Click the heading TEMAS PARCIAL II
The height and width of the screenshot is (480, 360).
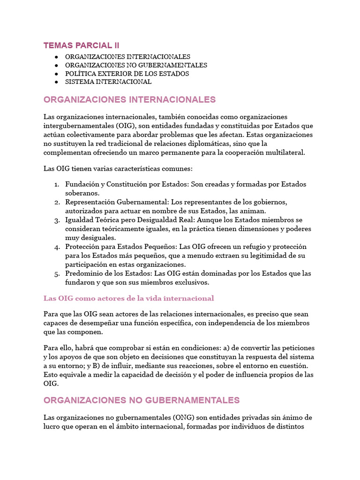coord(81,45)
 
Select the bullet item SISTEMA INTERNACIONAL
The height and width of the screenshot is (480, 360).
coord(108,82)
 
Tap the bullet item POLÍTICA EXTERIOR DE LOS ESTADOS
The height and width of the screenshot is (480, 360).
coord(127,74)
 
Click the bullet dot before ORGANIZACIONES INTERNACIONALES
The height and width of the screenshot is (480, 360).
coord(56,57)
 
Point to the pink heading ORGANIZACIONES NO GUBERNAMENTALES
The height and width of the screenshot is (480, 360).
coord(142,400)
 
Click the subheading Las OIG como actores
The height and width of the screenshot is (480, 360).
coord(128,299)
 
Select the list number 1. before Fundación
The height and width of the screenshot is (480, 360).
coord(57,184)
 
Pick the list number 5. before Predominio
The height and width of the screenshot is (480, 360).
coord(57,273)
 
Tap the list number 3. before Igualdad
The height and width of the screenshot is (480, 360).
coord(57,220)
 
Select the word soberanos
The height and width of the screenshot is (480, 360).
coord(82,193)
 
